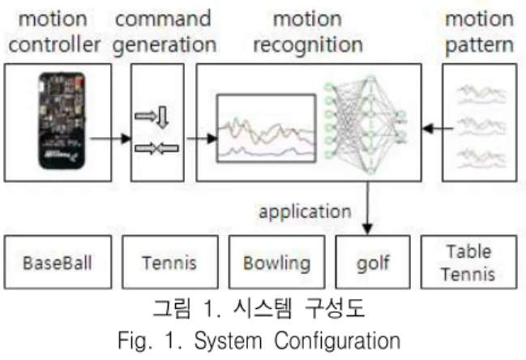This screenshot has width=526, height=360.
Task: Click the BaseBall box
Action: (x=58, y=262)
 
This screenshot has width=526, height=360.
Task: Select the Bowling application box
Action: (x=276, y=262)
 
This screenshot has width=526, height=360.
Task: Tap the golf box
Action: (x=373, y=262)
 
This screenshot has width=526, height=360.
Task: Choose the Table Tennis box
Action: (x=468, y=262)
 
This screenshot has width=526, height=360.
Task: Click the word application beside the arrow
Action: (x=305, y=212)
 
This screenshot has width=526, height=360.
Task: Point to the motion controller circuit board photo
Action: (x=62, y=121)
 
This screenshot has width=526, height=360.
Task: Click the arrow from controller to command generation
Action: (x=111, y=138)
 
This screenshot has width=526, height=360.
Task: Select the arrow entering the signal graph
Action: (x=202, y=138)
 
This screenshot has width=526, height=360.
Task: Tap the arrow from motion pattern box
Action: (x=438, y=128)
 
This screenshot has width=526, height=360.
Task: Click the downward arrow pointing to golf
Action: (x=368, y=208)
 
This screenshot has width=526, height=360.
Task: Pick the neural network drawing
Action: (x=366, y=125)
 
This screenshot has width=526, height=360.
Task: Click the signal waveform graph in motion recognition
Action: (x=267, y=128)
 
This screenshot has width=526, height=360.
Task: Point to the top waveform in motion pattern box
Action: (x=481, y=95)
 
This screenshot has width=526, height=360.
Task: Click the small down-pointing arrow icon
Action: (x=163, y=117)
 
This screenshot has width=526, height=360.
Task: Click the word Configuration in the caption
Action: (x=337, y=341)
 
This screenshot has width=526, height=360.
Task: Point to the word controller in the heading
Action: (x=54, y=45)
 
